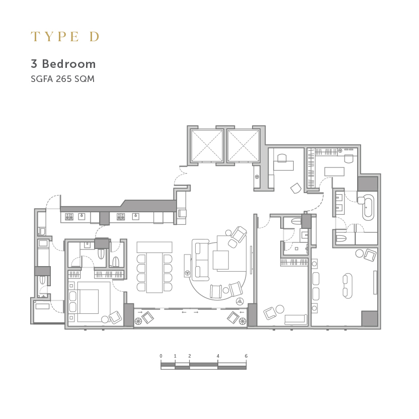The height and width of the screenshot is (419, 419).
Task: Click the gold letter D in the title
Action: pos(95,37)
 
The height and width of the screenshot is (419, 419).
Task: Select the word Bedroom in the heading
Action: pos(69,64)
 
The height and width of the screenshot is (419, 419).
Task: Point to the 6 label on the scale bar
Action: pos(246,356)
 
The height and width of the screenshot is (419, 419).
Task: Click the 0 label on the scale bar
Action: pos(161,356)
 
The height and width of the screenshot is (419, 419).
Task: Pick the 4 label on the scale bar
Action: pos(218,356)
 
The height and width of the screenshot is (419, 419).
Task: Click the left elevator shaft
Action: pos(207,146)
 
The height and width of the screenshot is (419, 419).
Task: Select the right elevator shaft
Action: pos(243,146)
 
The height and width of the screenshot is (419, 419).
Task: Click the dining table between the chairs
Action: pos(154,272)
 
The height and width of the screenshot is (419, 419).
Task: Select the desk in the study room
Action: pos(284,165)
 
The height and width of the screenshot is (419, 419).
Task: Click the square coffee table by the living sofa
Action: pos(221,260)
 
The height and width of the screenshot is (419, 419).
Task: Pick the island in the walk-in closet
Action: pos(334,172)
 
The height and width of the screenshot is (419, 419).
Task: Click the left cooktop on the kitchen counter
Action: pos(69,216)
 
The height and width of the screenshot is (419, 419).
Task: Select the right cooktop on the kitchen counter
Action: pos(121,216)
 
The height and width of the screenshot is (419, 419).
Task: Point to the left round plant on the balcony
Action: pos(138,321)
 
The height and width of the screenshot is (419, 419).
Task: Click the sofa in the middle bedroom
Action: pos(296,319)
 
